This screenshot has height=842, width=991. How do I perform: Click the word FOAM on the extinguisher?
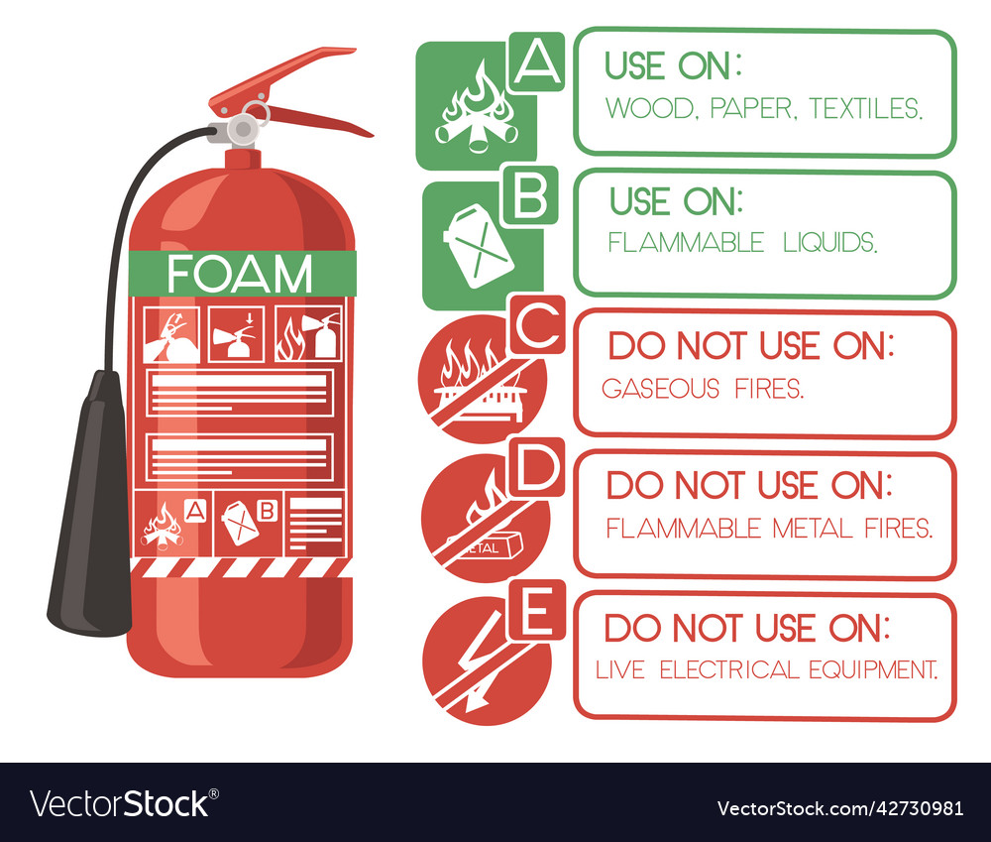point(240,274)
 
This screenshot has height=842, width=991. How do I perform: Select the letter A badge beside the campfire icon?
point(536,61)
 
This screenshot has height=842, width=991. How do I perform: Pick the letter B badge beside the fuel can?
point(530,195)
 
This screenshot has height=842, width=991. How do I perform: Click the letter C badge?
point(536,326)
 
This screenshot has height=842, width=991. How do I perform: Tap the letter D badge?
point(536,468)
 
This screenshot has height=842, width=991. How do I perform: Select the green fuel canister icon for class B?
point(478,246)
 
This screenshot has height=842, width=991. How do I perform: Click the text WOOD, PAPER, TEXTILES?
point(763,108)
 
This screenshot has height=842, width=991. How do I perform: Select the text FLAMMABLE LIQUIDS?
point(742,242)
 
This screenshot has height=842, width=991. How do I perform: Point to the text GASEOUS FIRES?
point(703,388)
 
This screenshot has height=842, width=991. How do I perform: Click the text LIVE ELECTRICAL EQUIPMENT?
point(766,670)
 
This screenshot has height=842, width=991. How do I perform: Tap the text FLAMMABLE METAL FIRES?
point(769,529)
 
